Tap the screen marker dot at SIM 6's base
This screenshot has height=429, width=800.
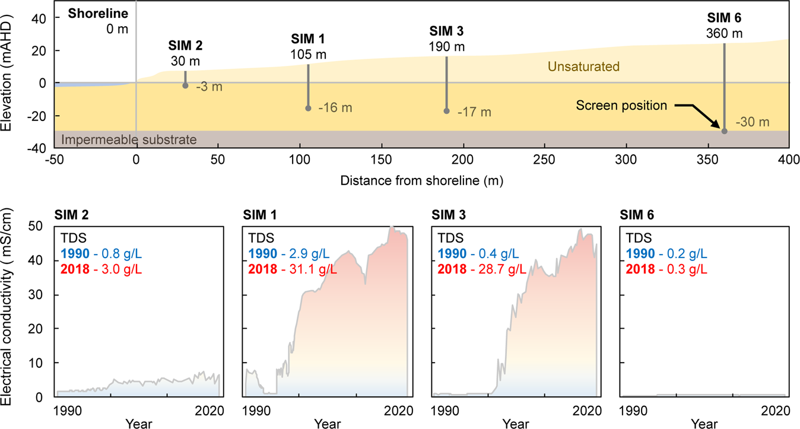tap(724, 131)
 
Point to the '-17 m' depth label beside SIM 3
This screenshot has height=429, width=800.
tap(474, 112)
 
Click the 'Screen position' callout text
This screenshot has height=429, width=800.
tap(622, 106)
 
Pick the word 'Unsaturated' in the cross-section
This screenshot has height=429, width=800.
tap(583, 66)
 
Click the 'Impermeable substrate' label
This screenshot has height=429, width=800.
tap(129, 139)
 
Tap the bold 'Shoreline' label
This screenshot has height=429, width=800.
tap(94, 13)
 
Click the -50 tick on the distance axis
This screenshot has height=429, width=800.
tap(55, 159)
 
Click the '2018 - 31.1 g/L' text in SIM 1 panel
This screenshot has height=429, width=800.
tap(292, 269)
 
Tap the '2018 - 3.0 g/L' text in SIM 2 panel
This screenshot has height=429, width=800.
tap(100, 269)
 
